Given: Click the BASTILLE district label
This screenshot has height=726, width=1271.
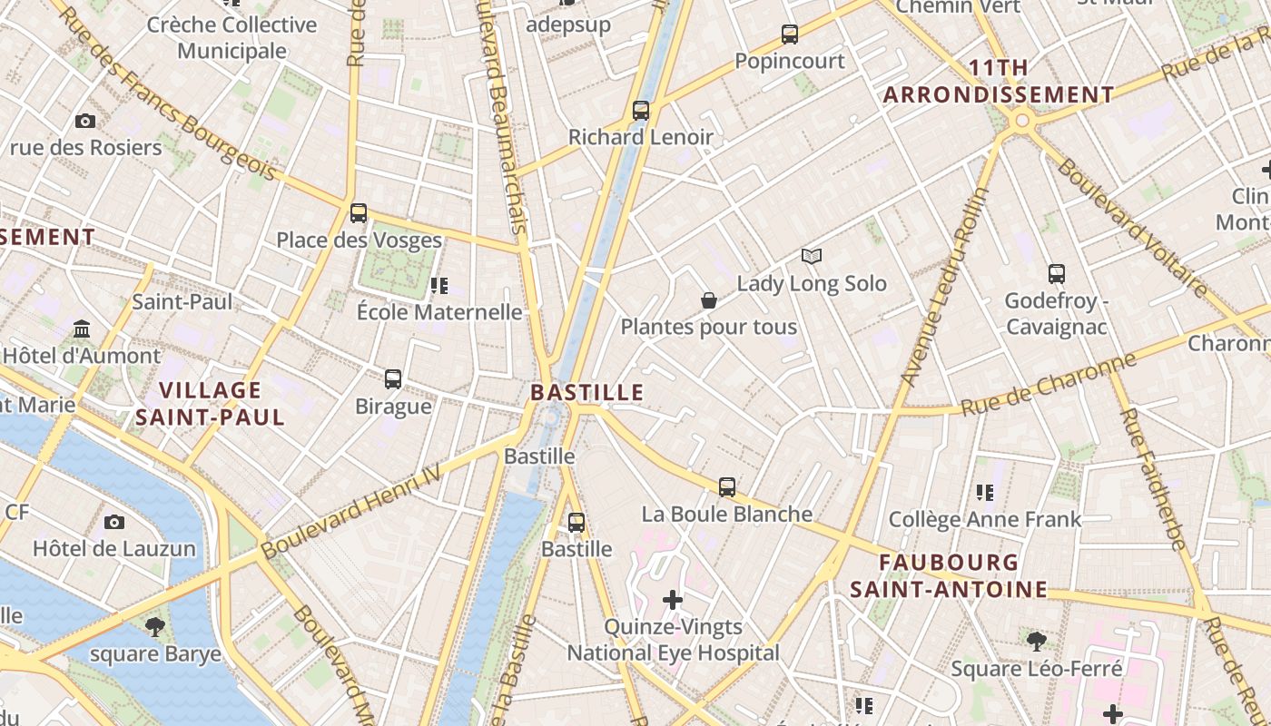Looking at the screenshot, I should point(587,393).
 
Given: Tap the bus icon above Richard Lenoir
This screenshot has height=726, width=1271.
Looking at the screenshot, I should point(641,111).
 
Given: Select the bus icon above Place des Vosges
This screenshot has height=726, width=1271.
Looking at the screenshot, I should point(359,213).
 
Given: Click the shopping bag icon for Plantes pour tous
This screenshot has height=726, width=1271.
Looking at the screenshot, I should point(709,300).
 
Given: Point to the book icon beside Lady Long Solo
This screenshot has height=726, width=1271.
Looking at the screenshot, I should point(811,257).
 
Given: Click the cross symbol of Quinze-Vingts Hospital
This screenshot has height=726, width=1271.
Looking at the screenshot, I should point(673,600).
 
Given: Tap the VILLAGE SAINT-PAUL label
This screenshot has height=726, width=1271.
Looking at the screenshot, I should point(210,404).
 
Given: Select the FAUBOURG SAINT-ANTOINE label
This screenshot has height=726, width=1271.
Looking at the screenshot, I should point(949,575).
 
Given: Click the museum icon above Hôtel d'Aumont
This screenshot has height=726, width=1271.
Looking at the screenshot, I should point(83,328).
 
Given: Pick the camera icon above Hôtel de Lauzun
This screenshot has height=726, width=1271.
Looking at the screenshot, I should point(114,522).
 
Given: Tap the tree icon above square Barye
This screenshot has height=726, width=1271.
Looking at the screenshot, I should point(155,626).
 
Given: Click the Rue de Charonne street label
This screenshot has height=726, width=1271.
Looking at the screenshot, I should point(1049,385).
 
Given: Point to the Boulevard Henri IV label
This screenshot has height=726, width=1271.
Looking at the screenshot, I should point(350,512).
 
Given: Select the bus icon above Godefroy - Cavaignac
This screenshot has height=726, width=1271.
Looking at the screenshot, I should point(1056,273).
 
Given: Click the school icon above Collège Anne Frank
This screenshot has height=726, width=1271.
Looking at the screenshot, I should point(985,493).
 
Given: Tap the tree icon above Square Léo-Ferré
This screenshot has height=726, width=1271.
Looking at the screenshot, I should point(1036,642).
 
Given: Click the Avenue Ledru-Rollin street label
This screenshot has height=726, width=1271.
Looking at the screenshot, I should point(946,286).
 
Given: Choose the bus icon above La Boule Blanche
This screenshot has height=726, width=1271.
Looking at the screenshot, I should point(727,486).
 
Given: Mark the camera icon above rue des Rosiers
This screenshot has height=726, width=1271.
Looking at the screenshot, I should point(85,121).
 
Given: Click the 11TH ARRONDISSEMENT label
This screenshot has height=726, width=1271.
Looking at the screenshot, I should point(999,82).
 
